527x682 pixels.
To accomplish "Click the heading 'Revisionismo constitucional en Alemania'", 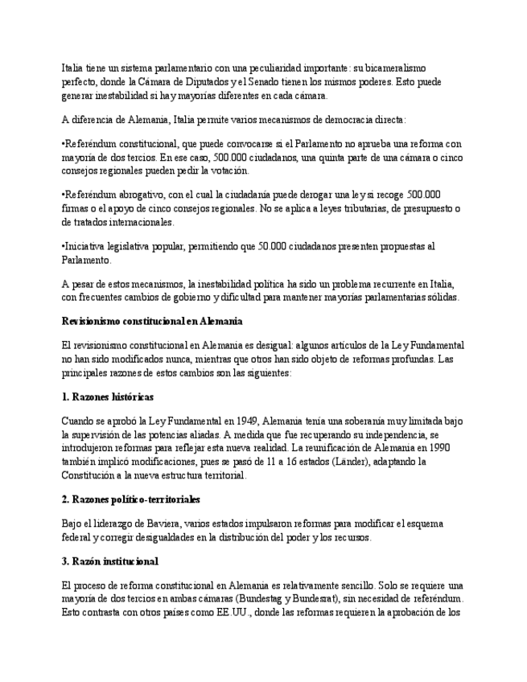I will [x=152, y=321].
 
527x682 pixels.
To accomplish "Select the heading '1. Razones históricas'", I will [x=108, y=397].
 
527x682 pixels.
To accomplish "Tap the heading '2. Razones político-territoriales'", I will [x=131, y=499].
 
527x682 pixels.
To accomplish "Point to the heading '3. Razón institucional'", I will [x=110, y=561].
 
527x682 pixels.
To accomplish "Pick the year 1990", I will [x=438, y=448].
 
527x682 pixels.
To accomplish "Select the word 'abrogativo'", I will [x=136, y=195].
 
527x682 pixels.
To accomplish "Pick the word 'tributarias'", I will [x=368, y=209].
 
